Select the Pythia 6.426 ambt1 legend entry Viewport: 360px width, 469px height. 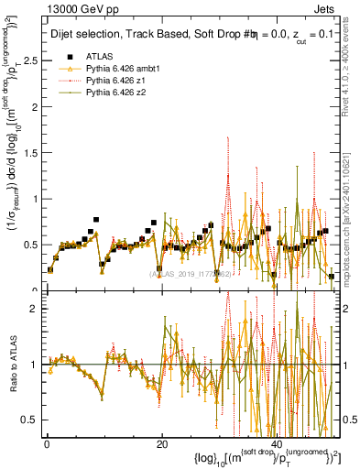(x=109, y=70)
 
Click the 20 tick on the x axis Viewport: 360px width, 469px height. (x=161, y=443)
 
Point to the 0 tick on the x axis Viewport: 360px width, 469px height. (x=46, y=443)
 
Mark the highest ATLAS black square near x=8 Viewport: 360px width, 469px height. (x=95, y=221)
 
